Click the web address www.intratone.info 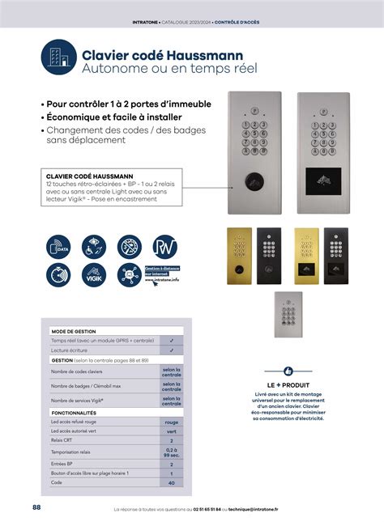[162, 280]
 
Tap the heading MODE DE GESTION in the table [74, 332]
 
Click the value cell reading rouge [171, 422]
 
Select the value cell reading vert [171, 431]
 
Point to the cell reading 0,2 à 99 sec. [171, 452]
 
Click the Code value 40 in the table [171, 482]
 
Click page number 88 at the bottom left [37, 507]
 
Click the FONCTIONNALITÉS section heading [73, 413]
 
